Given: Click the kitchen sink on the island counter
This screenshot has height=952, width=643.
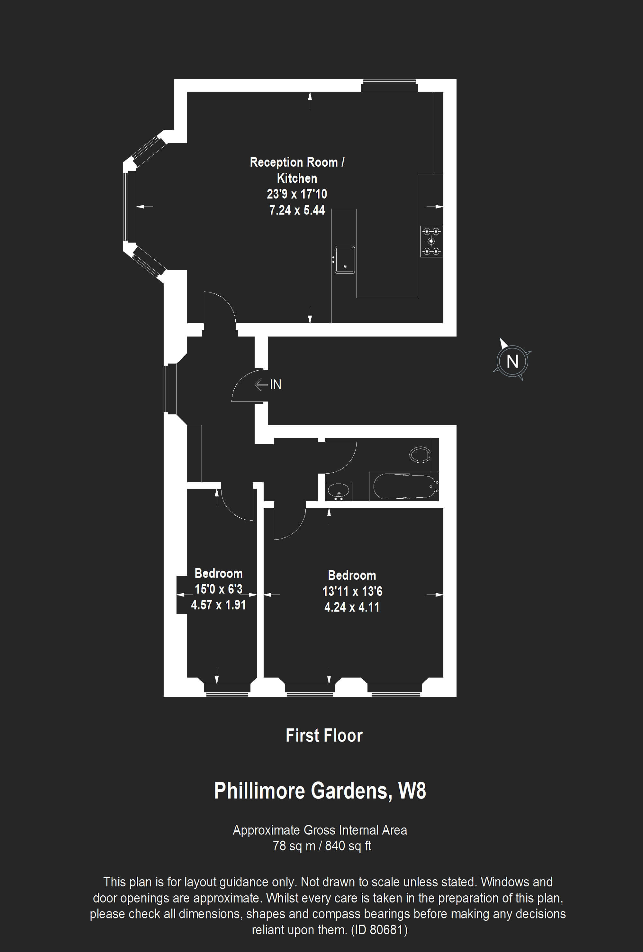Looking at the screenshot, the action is click(x=345, y=259).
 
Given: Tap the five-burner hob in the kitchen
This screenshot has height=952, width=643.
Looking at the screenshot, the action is click(x=431, y=241).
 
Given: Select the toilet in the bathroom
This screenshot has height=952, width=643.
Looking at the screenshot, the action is click(x=420, y=454).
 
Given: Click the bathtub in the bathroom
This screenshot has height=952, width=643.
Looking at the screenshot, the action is click(x=404, y=486).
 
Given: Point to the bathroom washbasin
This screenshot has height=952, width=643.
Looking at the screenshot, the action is click(x=339, y=491).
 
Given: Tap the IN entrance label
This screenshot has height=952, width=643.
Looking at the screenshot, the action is click(x=276, y=384).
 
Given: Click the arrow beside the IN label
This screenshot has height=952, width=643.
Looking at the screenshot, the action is click(x=261, y=384).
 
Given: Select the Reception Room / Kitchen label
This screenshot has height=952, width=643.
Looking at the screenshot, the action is click(x=297, y=170).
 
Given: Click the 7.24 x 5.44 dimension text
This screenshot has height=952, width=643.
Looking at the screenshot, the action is click(x=297, y=210).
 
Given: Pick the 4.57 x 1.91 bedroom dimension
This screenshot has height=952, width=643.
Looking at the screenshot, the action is click(x=219, y=605).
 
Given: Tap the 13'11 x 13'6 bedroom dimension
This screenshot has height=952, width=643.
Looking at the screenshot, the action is click(x=352, y=591).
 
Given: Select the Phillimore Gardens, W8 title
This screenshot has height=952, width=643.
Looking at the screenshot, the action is click(x=320, y=790).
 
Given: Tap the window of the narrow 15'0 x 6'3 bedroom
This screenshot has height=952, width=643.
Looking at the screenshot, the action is click(x=227, y=690).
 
